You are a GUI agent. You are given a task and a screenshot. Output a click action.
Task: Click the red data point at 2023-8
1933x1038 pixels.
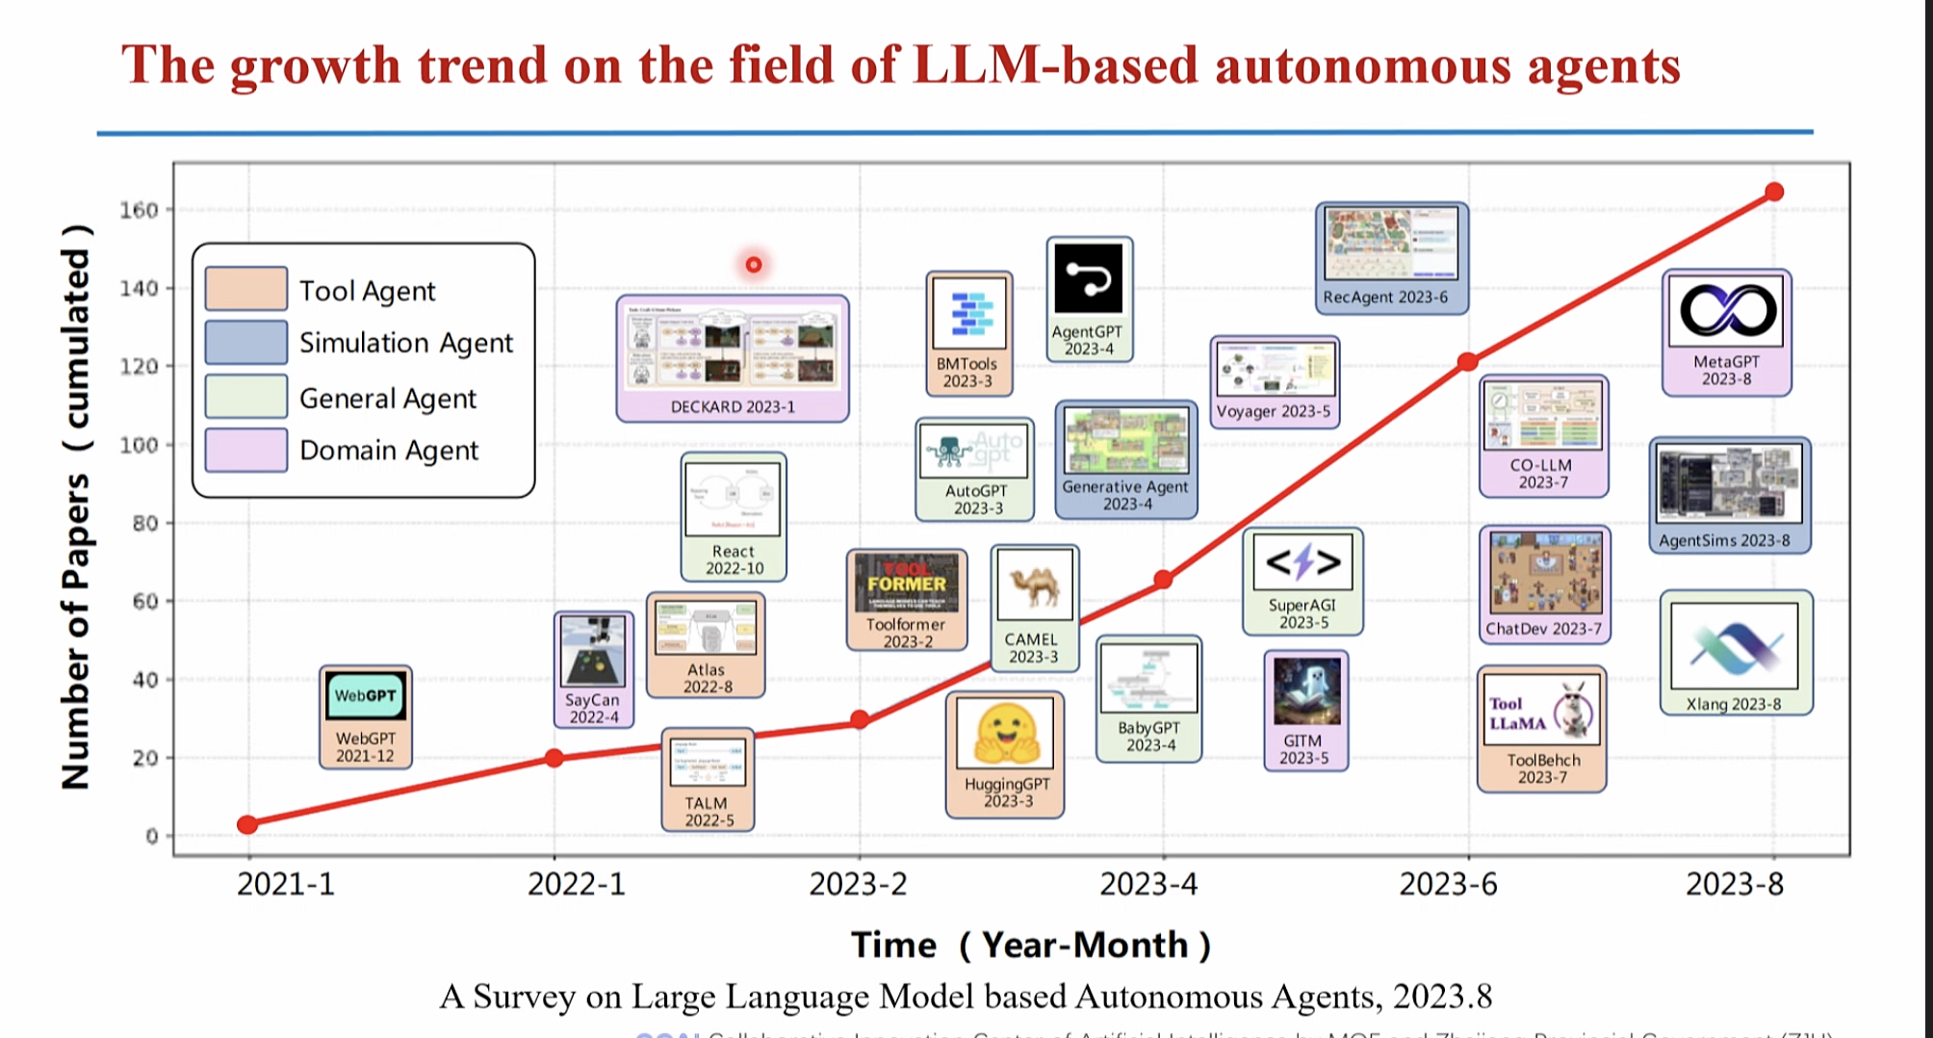click(1774, 193)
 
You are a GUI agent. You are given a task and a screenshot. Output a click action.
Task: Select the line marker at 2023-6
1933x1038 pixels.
click(1467, 362)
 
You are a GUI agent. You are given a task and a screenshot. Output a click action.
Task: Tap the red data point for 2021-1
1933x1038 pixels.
click(247, 824)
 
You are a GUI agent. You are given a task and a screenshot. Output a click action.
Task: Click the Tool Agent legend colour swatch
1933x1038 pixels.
click(245, 288)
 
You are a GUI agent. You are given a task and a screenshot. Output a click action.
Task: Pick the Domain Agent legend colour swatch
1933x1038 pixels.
click(245, 450)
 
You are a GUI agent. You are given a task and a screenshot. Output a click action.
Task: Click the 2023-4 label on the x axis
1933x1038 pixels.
click(1148, 884)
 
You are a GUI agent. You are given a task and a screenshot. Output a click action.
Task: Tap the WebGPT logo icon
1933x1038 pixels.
click(365, 696)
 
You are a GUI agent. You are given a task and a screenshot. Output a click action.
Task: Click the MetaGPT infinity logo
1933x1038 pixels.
click(1728, 310)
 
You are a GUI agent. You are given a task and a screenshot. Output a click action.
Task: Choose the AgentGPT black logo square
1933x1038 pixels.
click(1089, 278)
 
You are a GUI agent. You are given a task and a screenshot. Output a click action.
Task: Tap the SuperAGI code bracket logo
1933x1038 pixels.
click(1302, 561)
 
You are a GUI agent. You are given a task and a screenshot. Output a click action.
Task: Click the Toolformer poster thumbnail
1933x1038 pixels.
click(907, 583)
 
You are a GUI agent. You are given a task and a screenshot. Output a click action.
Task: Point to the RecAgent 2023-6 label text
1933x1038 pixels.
click(1385, 298)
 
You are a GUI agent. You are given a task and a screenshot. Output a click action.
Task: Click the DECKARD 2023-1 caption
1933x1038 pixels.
click(733, 407)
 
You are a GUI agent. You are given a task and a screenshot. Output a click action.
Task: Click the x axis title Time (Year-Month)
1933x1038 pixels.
click(1031, 946)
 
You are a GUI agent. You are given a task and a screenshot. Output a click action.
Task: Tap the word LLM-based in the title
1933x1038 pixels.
click(1056, 65)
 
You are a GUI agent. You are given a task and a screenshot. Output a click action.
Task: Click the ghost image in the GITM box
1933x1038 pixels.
click(1306, 689)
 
